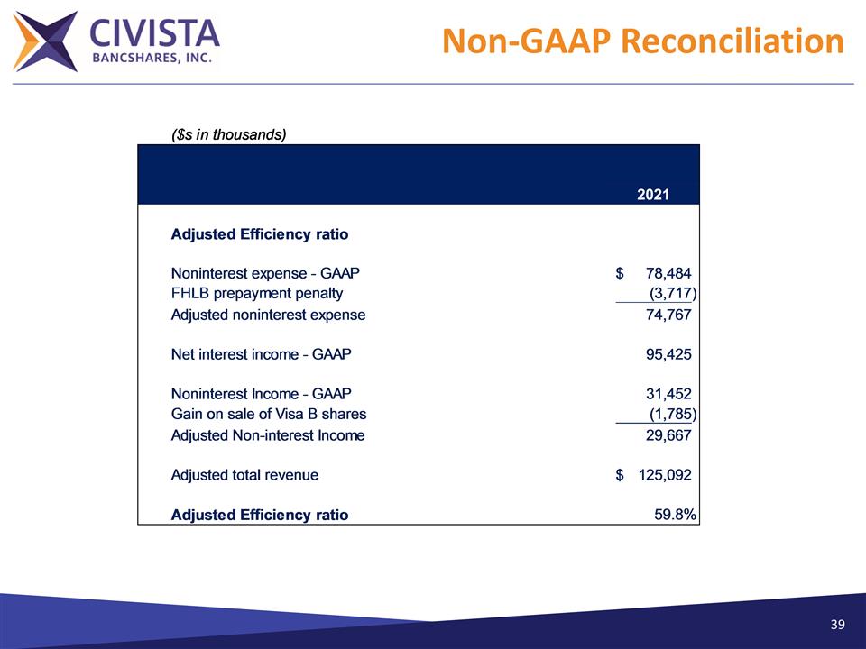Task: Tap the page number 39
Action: [x=838, y=625]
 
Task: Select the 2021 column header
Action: [x=653, y=194]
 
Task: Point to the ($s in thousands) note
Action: [x=228, y=135]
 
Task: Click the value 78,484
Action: [x=668, y=273]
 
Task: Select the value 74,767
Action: [x=668, y=315]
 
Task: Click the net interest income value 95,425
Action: [x=668, y=354]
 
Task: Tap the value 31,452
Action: [x=668, y=394]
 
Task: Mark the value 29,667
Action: [x=668, y=435]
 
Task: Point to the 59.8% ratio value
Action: [x=676, y=515]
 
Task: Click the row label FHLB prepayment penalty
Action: [x=257, y=293]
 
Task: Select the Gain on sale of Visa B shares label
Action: [x=269, y=414]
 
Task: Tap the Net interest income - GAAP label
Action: [x=262, y=354]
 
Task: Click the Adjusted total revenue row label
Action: [x=244, y=474]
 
